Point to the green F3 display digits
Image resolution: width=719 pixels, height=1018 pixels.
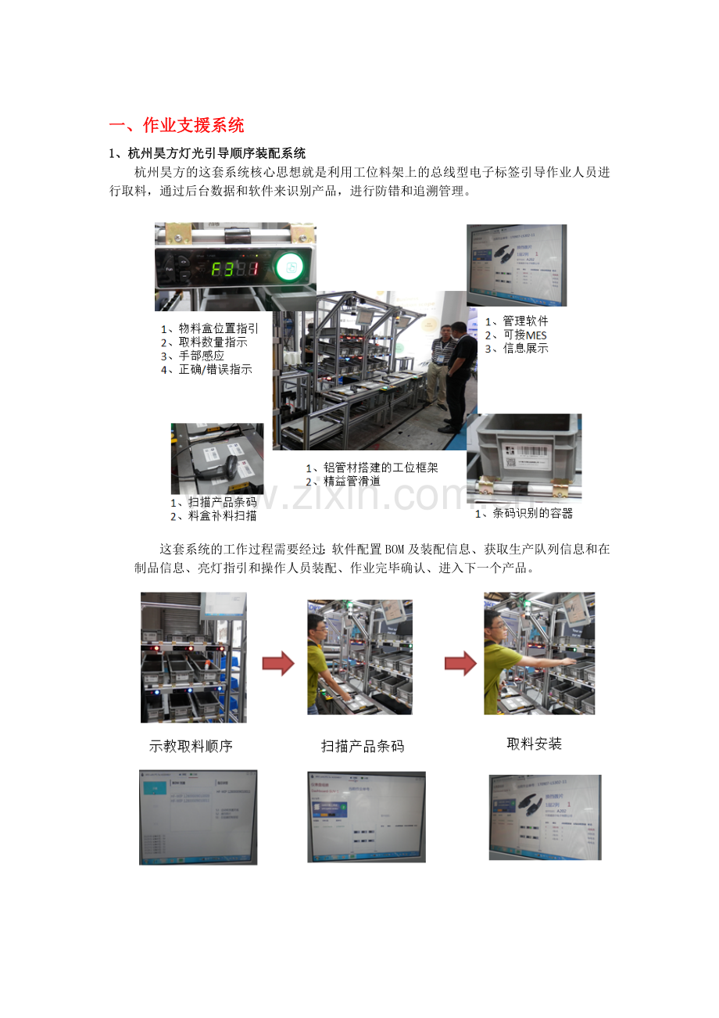(x=234, y=269)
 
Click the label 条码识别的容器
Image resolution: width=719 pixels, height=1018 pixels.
(x=528, y=513)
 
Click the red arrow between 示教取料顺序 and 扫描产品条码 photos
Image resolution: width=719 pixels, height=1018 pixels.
(x=277, y=665)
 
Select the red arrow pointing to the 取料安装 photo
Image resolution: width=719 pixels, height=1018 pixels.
(x=460, y=665)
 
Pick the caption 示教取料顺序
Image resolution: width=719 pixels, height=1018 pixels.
(x=191, y=746)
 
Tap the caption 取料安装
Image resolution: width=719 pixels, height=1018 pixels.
(x=535, y=744)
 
